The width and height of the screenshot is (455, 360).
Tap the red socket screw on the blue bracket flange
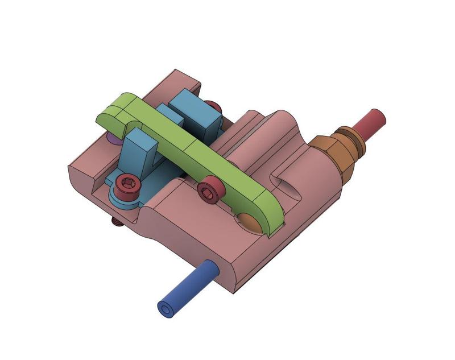coord(128,186)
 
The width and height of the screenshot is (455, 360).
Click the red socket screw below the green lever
coord(211,189)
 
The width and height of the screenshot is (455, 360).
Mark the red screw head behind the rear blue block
coord(214,106)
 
